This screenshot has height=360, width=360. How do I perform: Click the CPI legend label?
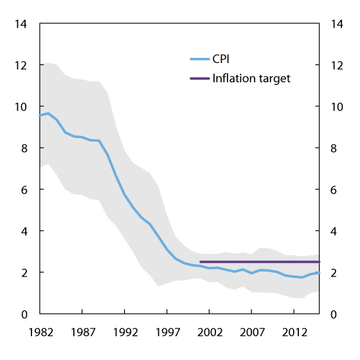coord(221,59)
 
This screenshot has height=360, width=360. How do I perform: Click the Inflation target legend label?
coord(251,78)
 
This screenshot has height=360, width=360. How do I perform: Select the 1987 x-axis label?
coord(82,333)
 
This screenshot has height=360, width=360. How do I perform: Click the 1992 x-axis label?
coord(125,333)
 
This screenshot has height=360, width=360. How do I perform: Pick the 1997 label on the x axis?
coord(167,333)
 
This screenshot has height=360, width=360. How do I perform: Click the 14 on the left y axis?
coord(22,24)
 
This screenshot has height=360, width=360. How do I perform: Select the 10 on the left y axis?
coord(22,107)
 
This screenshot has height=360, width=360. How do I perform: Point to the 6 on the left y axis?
coord(25,190)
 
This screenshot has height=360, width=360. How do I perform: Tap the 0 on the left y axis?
coord(25,314)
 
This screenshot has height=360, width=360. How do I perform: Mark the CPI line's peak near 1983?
coord(48,113)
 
